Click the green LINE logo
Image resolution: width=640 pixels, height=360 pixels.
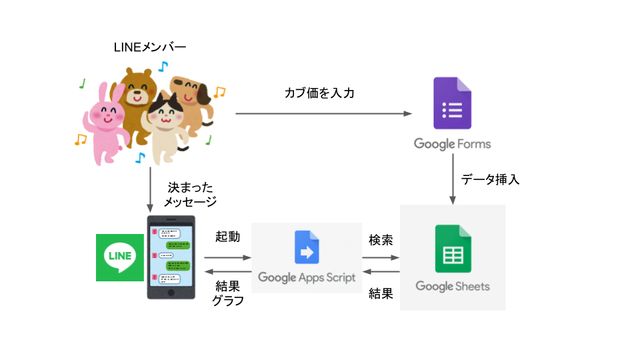[x=120, y=257]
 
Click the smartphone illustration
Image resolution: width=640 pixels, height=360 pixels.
[x=171, y=257]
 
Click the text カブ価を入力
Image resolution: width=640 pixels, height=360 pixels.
[x=319, y=93]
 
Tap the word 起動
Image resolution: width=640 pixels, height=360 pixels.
[x=228, y=237]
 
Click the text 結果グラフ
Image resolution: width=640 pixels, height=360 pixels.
[x=228, y=293]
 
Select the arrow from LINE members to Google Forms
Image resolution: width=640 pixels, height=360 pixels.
[x=323, y=114]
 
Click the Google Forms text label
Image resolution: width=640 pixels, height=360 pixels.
[x=452, y=143]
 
